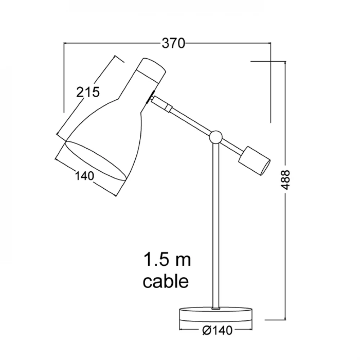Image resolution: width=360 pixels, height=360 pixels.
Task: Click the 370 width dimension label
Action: [x=174, y=43]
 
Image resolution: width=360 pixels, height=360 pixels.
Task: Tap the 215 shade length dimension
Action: [x=88, y=92]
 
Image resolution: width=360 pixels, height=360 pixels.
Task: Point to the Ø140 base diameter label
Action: [x=217, y=330]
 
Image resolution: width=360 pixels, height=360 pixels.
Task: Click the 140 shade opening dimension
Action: [x=85, y=176]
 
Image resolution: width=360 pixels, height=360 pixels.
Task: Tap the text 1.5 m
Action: [x=167, y=260]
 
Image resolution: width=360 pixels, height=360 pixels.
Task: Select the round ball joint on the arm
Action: [x=216, y=137]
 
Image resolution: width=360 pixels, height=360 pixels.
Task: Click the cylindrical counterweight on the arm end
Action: [x=255, y=161]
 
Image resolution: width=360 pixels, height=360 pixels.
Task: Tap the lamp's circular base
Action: [x=216, y=315]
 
